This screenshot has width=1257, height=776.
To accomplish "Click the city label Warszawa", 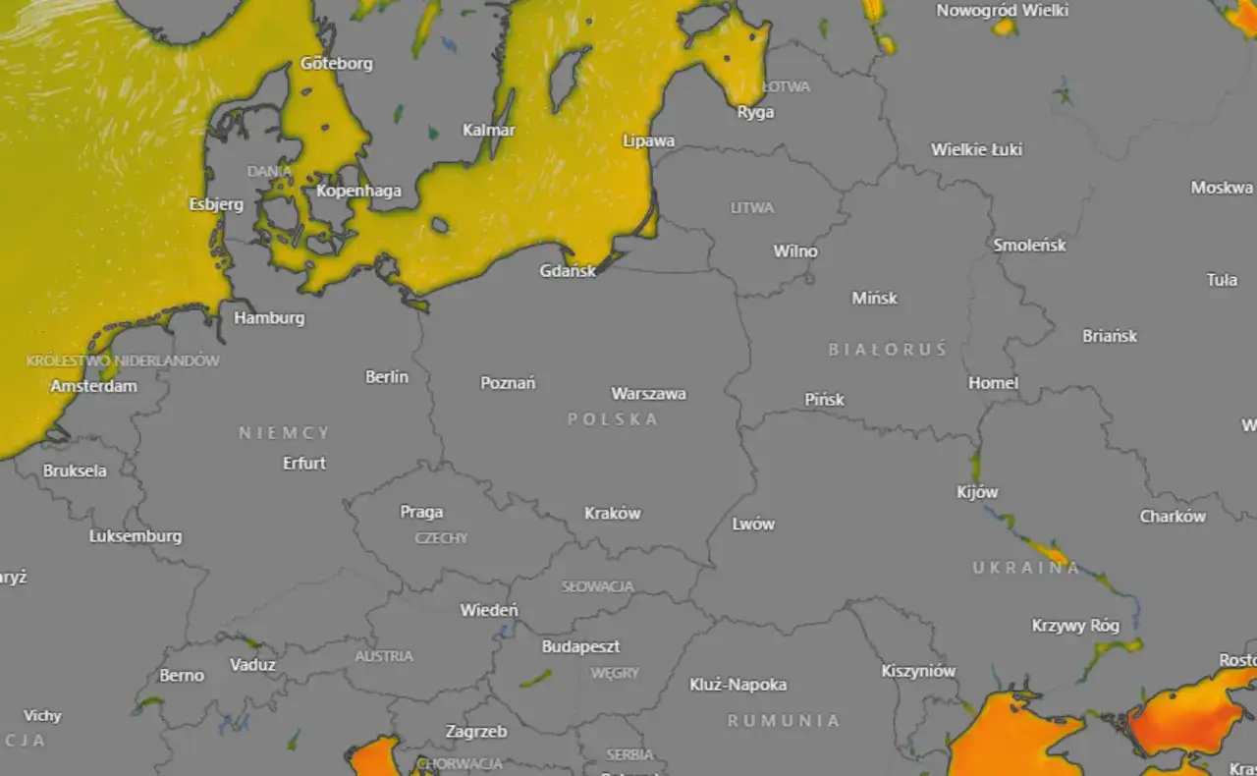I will pos(648,394).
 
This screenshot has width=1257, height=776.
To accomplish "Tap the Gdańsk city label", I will pos(568,271).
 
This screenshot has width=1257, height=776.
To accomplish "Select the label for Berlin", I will pos(387,376).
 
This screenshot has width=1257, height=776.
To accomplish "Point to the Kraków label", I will pos(612,513).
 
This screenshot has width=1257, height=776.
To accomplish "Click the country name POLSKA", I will pos(613,419).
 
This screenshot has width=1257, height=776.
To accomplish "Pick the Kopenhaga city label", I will pos(358,191).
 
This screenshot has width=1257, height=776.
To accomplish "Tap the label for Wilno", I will pos(795,251).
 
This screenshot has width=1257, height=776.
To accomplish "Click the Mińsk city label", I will pos(874,298).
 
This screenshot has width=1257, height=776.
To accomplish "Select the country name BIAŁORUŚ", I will pos(887,350).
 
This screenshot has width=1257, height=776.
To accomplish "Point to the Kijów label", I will pos(977,492).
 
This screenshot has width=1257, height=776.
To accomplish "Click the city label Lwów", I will pos(753,524).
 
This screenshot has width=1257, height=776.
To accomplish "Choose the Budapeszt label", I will pos(580,647).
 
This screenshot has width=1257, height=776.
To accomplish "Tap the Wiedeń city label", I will pos(489,610).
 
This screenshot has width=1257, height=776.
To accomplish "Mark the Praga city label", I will pos(421,512).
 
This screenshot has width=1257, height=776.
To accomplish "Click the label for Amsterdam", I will pos(93,386).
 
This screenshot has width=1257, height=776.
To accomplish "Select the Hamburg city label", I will pos(269,318).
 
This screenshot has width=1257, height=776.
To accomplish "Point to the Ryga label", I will pos(755,112).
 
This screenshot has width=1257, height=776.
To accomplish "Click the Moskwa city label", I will pos(1222,188).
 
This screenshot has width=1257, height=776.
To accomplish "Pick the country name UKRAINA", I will pos(1026,568).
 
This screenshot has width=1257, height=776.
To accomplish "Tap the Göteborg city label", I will pos(337,64).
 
